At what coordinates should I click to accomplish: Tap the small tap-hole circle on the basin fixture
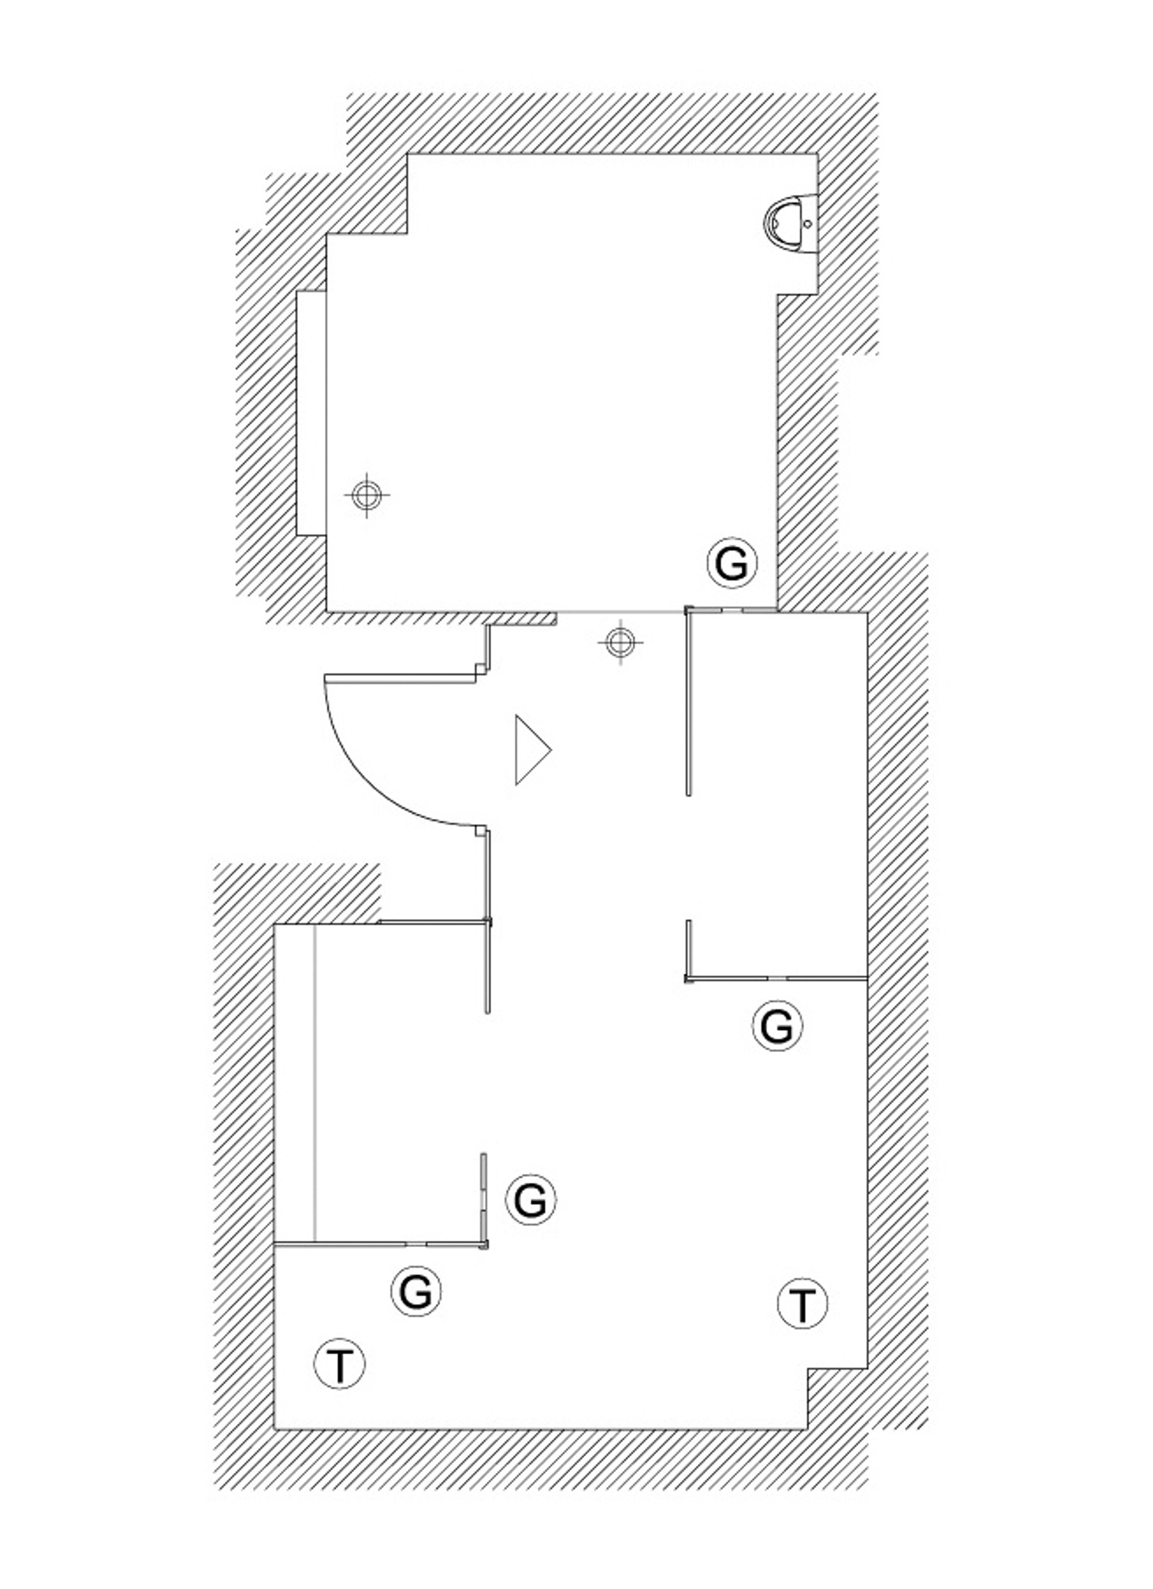[807, 224]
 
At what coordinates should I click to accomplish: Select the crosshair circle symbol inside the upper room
[365, 495]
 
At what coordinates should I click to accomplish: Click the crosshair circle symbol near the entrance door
[619, 642]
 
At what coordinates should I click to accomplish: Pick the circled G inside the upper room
[733, 564]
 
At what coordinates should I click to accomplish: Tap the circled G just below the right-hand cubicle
[777, 1026]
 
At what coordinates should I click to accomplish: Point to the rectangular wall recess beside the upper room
[311, 413]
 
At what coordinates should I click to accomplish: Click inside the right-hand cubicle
[778, 792]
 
